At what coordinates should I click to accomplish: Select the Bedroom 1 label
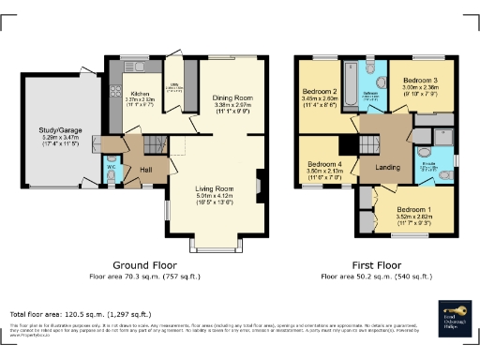point(413,209)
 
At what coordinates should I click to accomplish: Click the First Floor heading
point(376,265)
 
